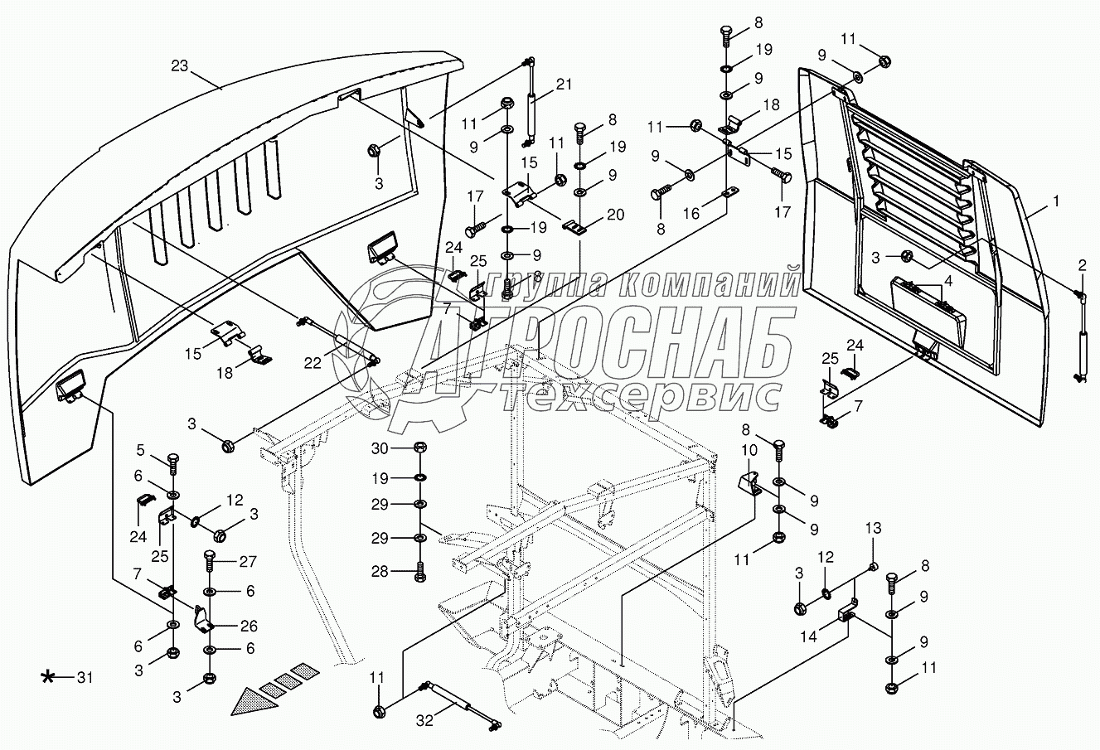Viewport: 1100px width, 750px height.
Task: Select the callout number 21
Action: pyautogui.click(x=565, y=84)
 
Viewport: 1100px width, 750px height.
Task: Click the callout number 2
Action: pyautogui.click(x=1082, y=265)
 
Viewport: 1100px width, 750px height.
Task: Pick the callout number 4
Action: pyautogui.click(x=948, y=280)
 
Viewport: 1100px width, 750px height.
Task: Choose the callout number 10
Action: pyautogui.click(x=749, y=451)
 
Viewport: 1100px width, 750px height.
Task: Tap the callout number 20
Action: pyautogui.click(x=616, y=214)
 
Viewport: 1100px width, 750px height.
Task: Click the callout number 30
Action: pyautogui.click(x=380, y=448)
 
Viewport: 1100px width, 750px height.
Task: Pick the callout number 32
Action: pyautogui.click(x=424, y=721)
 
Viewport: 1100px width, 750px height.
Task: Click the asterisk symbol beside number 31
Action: pyautogui.click(x=50, y=678)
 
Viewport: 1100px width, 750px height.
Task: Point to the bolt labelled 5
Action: pyautogui.click(x=173, y=461)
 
